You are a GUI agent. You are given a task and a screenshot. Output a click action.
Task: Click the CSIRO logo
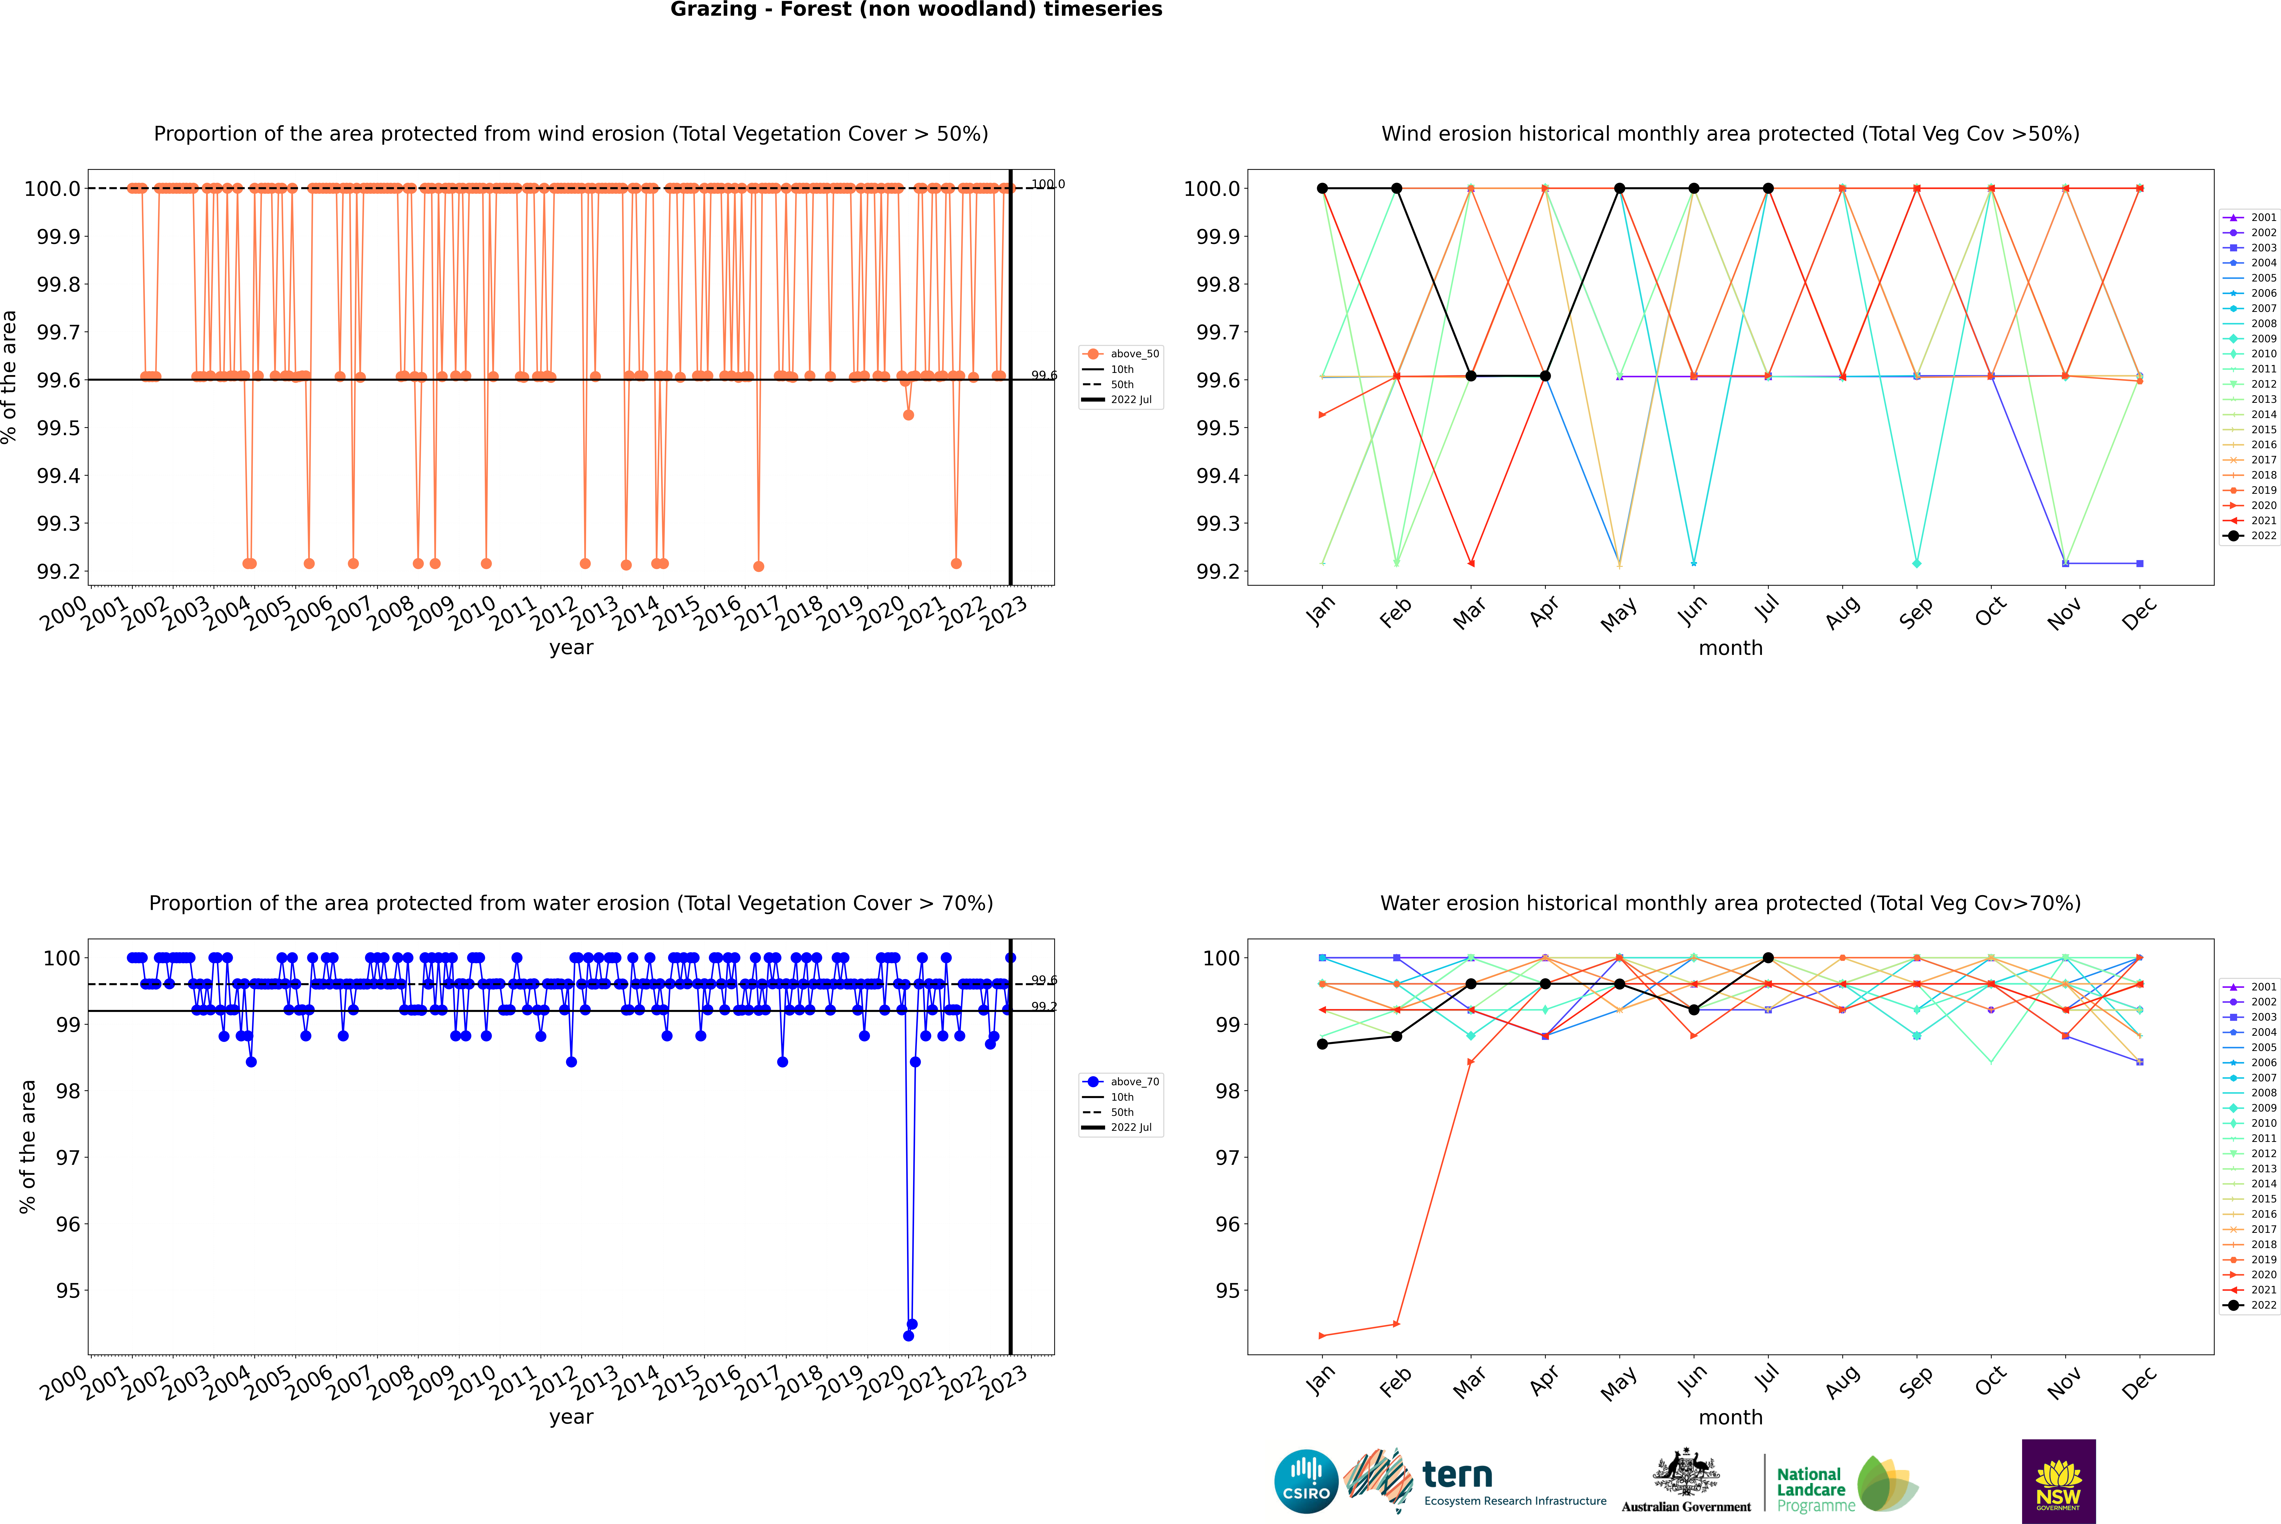coord(1306,1481)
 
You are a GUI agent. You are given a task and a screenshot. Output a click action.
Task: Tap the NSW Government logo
coord(2058,1481)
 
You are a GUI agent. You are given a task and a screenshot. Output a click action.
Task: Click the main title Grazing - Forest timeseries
coord(916,10)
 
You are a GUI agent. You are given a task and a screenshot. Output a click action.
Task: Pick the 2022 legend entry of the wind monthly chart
coord(2251,535)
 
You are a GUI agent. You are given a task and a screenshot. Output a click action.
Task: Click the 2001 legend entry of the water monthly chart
coord(2251,987)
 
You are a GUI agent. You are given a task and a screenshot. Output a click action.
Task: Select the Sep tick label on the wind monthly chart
coord(1915,613)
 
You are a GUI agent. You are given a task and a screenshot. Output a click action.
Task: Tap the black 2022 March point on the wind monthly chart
coord(1471,376)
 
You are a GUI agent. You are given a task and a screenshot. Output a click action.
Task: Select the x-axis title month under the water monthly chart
coord(1730,1417)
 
